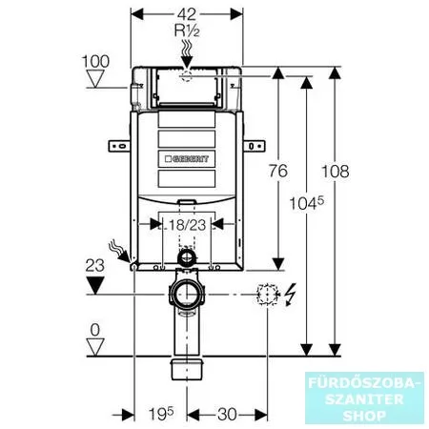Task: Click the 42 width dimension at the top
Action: [x=187, y=14]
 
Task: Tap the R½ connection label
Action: [x=187, y=31]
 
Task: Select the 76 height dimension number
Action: [x=278, y=171]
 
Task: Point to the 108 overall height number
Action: [x=336, y=172]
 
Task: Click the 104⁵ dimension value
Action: [x=306, y=203]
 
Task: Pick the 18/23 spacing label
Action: [x=188, y=225]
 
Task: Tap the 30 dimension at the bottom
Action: [x=227, y=415]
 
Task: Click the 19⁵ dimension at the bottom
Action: [x=161, y=414]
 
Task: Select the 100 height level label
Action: [x=95, y=61]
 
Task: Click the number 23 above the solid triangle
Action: [x=94, y=265]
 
